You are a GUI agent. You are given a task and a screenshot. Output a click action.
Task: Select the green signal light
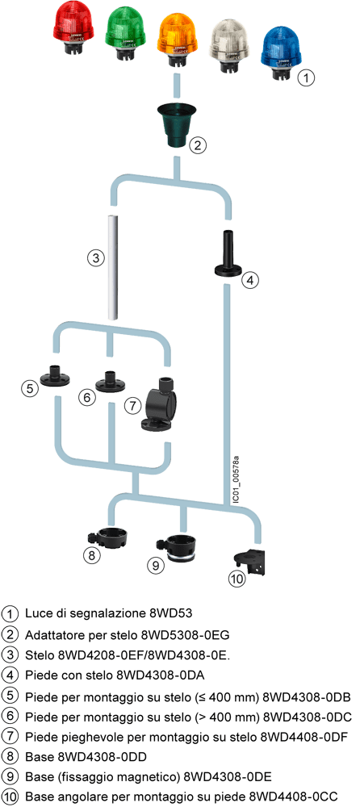tap(126, 30)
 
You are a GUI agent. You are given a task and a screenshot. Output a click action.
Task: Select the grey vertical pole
tap(114, 267)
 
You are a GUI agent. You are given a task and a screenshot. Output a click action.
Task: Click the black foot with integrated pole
tap(227, 255)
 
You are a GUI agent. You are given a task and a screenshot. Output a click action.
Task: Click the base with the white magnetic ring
tap(180, 549)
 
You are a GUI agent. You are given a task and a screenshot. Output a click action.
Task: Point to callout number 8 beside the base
tap(91, 555)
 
